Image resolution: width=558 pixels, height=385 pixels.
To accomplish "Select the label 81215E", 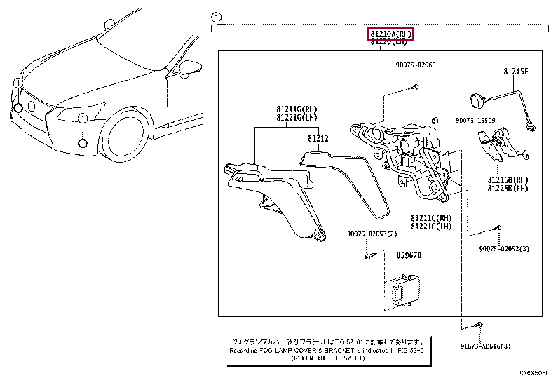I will tap(515, 72).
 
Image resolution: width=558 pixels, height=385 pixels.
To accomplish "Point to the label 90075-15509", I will tap(475, 121).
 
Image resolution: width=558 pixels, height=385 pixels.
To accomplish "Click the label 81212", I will tap(318, 139).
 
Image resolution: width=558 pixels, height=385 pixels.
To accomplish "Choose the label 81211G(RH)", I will tap(297, 109).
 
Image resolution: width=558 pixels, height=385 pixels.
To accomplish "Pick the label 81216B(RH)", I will tap(508, 180).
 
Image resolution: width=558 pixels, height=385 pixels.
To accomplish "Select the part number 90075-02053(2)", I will tap(372, 234).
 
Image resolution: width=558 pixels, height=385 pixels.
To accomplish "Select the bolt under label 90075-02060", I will tap(414, 86).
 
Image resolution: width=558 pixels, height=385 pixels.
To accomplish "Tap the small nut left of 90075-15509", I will tap(435, 121).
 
